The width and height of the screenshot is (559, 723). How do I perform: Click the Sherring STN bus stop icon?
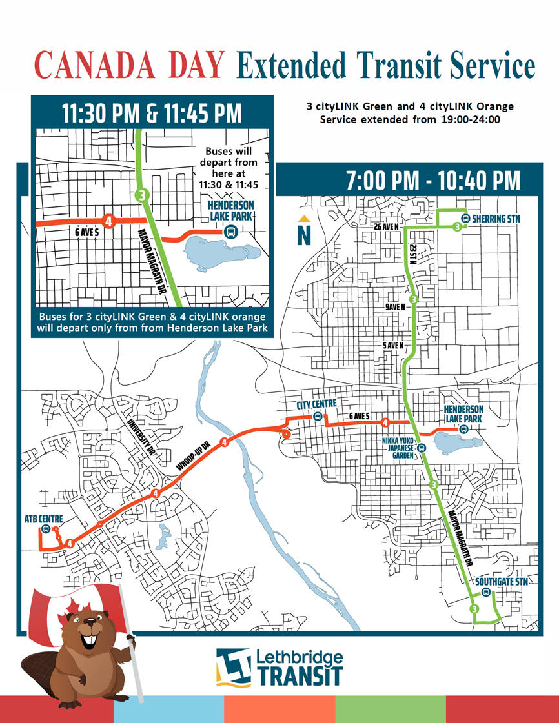click(x=466, y=219)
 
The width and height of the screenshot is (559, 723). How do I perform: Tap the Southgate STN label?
click(x=501, y=582)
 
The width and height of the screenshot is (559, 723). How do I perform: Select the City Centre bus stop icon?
click(x=317, y=417)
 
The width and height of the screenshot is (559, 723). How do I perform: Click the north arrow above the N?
click(x=304, y=217)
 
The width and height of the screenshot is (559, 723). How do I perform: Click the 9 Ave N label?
click(x=395, y=307)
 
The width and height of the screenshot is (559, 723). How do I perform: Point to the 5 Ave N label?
click(x=392, y=346)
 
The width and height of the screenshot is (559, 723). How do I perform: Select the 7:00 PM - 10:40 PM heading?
click(x=432, y=181)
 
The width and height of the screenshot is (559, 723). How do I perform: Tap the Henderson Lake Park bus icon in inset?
click(x=229, y=232)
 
